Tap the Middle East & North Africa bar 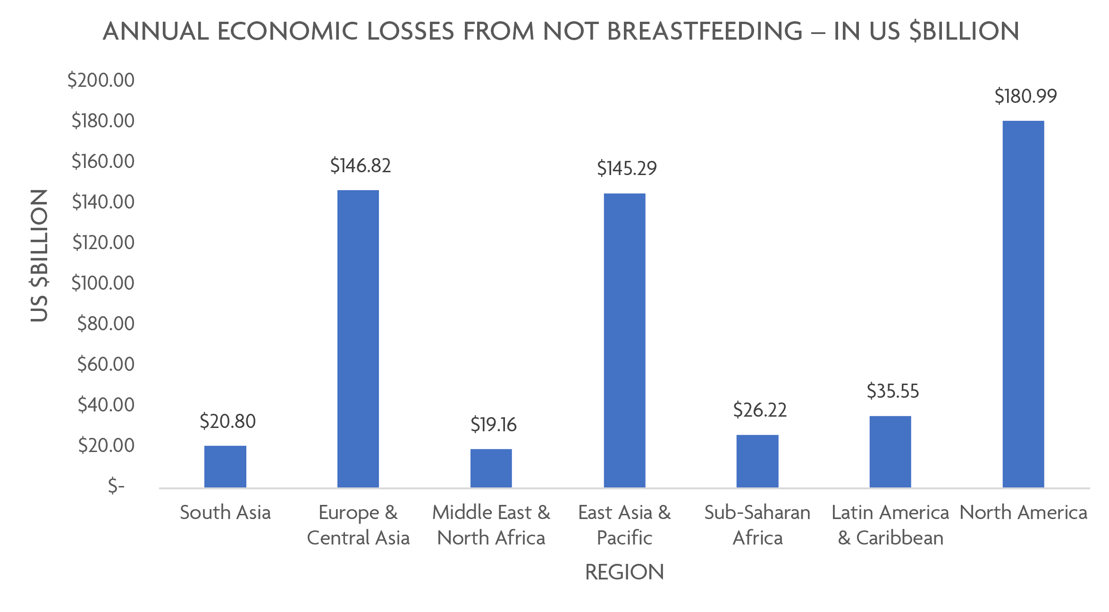coord(491,468)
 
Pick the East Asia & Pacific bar coord(624,340)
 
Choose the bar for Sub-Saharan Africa coord(757,461)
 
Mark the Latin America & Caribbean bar coord(890,452)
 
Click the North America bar coord(1023,304)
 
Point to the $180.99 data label coord(1025,96)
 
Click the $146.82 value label coord(361,166)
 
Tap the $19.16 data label coord(493,425)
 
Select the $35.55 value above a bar coord(893,391)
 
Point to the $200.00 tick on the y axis coord(101,80)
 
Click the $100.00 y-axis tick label coord(103,283)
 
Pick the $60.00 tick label coord(106,364)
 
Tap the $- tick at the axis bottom coord(116,486)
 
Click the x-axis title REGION coord(624,572)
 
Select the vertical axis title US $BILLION coord(39,255)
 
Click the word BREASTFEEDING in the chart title coord(705,32)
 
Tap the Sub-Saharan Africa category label coord(757,525)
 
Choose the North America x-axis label coord(1023,512)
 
